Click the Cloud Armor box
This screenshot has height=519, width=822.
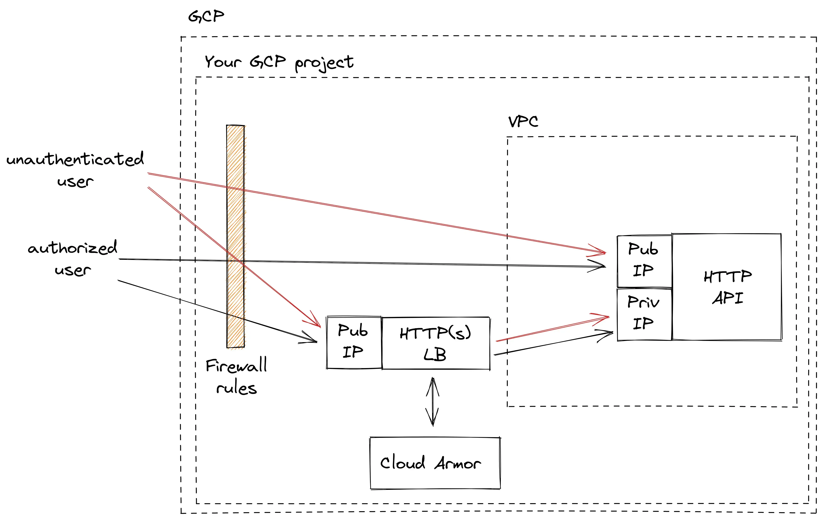435,463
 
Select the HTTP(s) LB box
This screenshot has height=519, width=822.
436,343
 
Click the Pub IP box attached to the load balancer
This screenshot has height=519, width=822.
354,342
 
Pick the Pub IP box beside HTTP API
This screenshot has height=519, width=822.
644,261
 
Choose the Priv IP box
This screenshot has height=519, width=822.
644,314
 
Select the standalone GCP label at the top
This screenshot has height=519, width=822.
206,16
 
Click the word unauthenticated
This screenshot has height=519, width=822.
75,159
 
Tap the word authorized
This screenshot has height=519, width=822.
72,248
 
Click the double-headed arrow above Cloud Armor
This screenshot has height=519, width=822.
433,402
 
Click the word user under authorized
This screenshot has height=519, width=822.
73,270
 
